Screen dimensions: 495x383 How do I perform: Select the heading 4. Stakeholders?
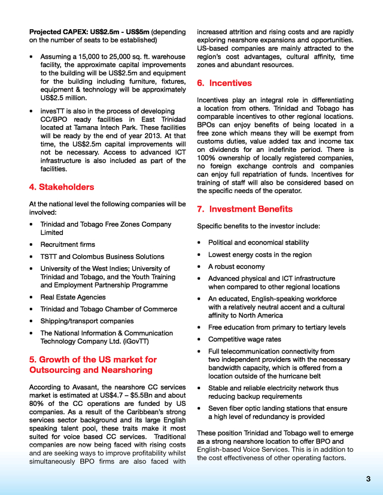62,187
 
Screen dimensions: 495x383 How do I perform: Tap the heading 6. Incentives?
224,83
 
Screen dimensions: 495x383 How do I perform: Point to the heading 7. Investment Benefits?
245,209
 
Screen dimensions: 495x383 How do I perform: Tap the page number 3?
369,479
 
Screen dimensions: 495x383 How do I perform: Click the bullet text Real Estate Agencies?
72,297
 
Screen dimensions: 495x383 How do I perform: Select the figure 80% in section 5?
38,404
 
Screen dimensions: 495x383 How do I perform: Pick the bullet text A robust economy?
236,267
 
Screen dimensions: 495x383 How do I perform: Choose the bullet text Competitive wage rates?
244,339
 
